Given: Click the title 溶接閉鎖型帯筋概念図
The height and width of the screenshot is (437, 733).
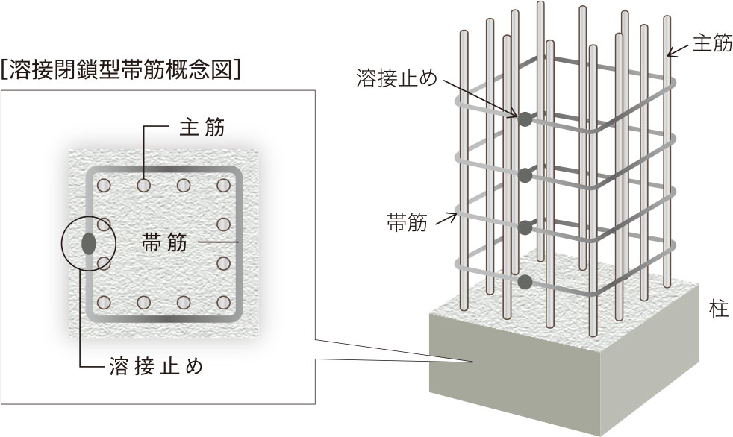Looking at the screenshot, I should [x=122, y=71].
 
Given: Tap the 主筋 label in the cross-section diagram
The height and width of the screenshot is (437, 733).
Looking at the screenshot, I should [x=201, y=127].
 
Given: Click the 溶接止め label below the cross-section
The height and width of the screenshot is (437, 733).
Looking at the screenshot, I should [x=156, y=367].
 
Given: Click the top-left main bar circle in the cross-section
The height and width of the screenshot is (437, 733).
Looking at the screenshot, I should [x=104, y=184].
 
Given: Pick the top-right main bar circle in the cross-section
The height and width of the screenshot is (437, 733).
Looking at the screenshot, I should [x=222, y=184].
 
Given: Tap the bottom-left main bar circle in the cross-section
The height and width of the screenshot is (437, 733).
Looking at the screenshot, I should [x=104, y=302].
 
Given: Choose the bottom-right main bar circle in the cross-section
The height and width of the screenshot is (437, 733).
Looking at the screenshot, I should [x=222, y=302].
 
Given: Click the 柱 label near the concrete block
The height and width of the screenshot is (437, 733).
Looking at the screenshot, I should [x=719, y=309].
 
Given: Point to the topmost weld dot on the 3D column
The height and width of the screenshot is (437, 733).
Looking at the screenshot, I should [x=525, y=119].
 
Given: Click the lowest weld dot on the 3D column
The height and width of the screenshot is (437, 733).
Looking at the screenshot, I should [x=525, y=282].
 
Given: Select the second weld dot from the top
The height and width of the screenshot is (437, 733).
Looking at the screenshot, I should [x=525, y=175].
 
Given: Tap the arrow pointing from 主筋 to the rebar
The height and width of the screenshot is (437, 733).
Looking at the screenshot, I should [x=678, y=49].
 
